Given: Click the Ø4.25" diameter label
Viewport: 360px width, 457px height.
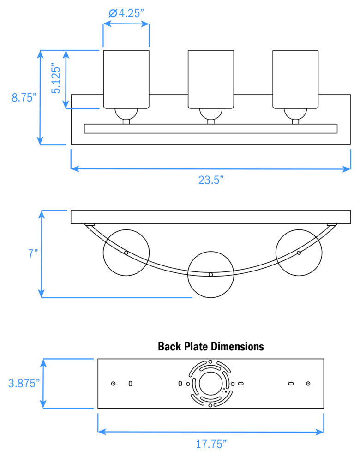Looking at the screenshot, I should tap(127, 13).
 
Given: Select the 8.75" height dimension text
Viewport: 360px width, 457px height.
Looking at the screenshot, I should tap(23, 97).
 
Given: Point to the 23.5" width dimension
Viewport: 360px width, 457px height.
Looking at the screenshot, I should tap(211, 180).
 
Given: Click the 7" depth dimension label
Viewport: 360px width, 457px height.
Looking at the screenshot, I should tap(32, 254).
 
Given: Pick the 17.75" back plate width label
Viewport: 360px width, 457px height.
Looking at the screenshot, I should tap(211, 444).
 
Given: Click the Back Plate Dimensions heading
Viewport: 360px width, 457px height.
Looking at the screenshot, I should tap(211, 346).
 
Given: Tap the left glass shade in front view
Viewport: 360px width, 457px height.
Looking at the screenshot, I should tap(126, 78).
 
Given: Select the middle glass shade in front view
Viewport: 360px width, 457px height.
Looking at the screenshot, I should tap(211, 78).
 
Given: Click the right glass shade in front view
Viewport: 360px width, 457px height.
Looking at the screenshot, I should tap(295, 78).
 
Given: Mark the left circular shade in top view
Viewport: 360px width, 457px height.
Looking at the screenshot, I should tap(126, 253).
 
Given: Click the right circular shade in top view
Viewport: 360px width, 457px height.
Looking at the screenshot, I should tap(299, 253).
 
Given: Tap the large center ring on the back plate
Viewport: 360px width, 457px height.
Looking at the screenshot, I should tap(210, 383).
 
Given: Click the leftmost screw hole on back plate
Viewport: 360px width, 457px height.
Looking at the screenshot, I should tap(113, 384).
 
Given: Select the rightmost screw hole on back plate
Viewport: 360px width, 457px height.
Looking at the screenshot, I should tap(308, 384).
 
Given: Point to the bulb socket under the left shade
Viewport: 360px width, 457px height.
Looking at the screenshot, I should tap(126, 114).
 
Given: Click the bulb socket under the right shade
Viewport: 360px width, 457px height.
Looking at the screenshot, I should tap(295, 114).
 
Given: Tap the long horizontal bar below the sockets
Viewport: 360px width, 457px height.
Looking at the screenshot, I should tap(211, 129).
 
